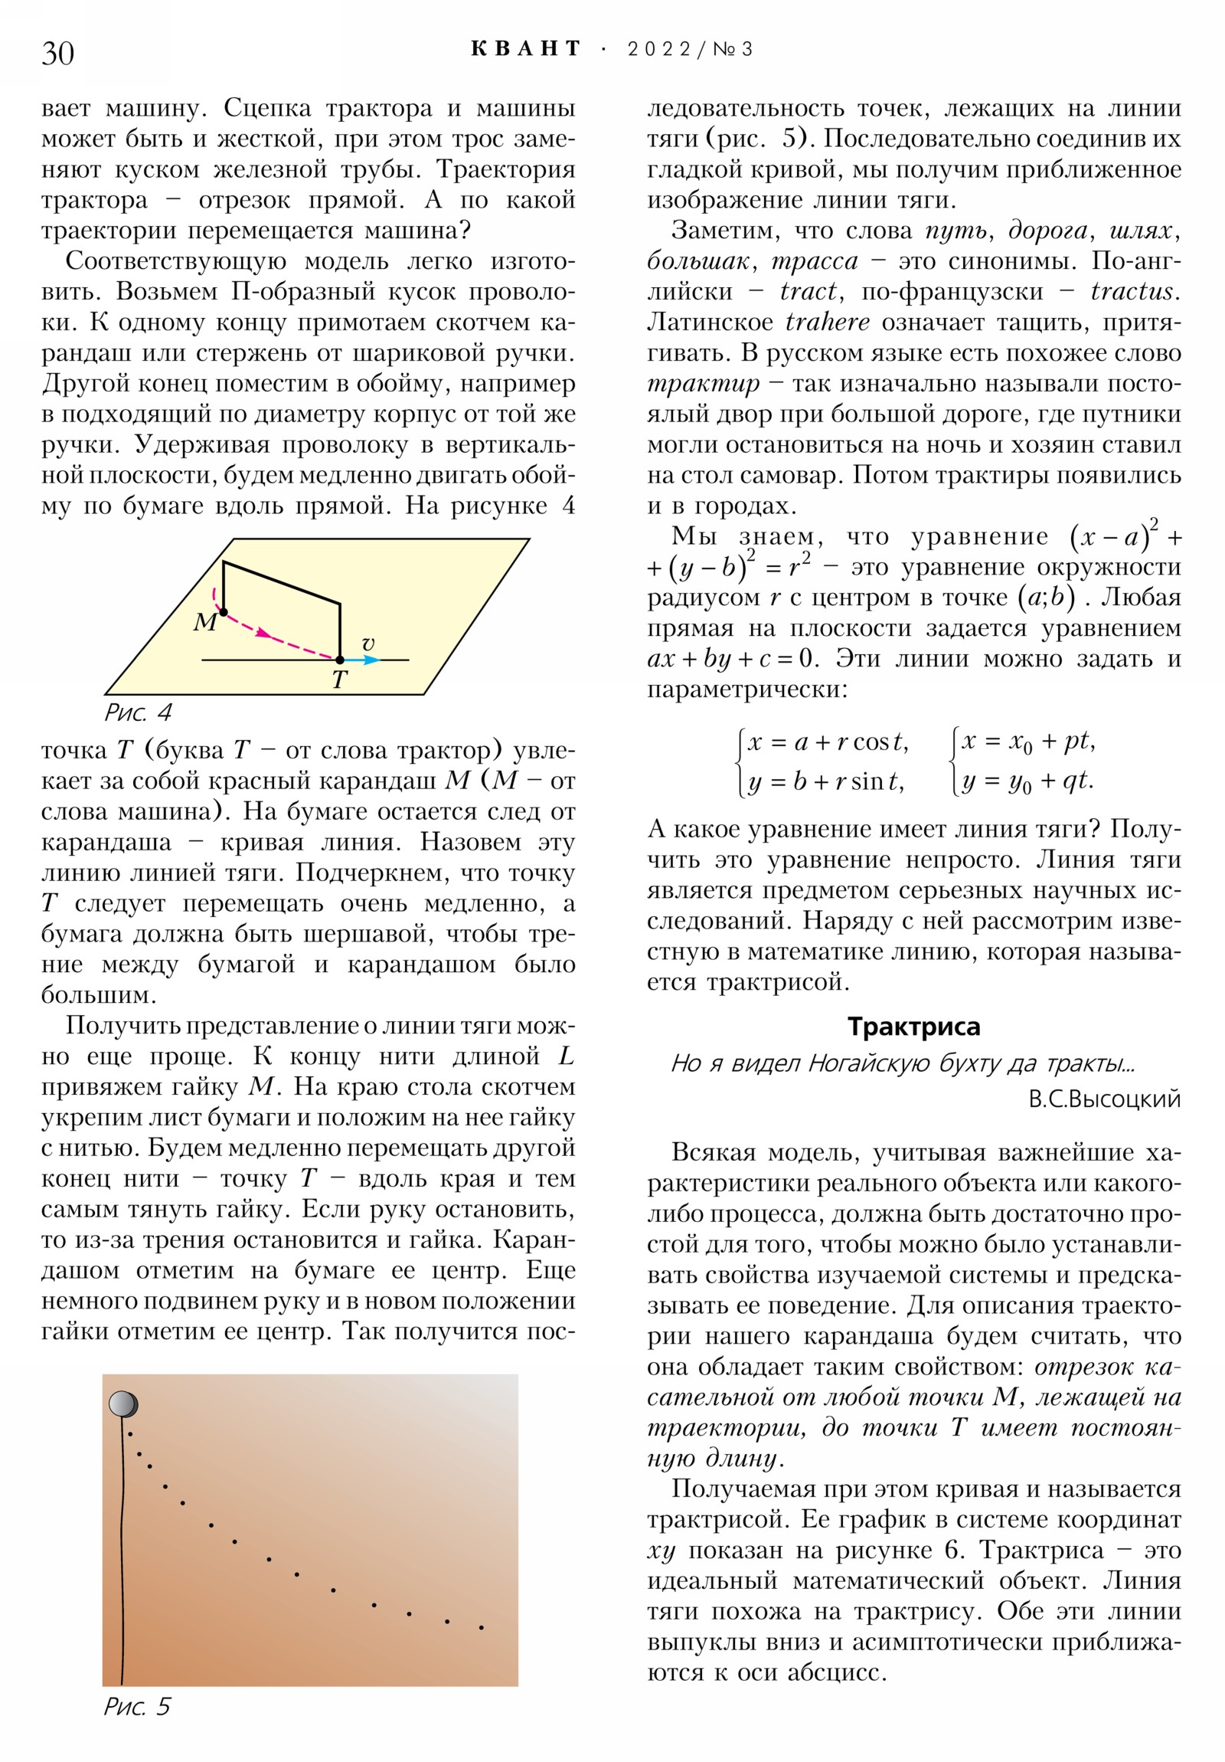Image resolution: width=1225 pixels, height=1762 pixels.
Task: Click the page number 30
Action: click(x=57, y=53)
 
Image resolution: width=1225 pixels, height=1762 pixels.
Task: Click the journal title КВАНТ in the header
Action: click(x=525, y=49)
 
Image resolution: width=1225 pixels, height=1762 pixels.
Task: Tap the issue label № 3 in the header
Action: click(x=733, y=49)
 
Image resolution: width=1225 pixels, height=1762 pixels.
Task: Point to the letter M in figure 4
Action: click(x=204, y=621)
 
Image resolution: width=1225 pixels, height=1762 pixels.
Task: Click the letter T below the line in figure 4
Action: click(x=339, y=680)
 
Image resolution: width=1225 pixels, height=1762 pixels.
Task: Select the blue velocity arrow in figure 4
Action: click(x=361, y=659)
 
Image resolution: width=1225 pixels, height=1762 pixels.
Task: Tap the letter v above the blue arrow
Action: click(x=368, y=643)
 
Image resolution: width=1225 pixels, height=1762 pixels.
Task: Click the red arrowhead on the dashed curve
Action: click(x=264, y=633)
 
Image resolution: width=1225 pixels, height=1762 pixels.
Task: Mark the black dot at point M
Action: click(x=224, y=611)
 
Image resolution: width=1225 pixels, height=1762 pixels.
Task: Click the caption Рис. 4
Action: click(x=138, y=712)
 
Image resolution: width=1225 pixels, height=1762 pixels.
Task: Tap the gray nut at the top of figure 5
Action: click(x=122, y=1404)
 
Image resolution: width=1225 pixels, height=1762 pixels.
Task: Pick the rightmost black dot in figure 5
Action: click(x=481, y=1627)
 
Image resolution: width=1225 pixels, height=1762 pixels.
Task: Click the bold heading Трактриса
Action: click(x=913, y=1026)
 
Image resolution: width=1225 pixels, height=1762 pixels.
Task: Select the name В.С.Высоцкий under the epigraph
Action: click(x=1104, y=1099)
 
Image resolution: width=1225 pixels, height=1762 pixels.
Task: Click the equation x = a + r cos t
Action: click(x=827, y=742)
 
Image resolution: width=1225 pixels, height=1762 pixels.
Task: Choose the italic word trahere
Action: click(x=827, y=322)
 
